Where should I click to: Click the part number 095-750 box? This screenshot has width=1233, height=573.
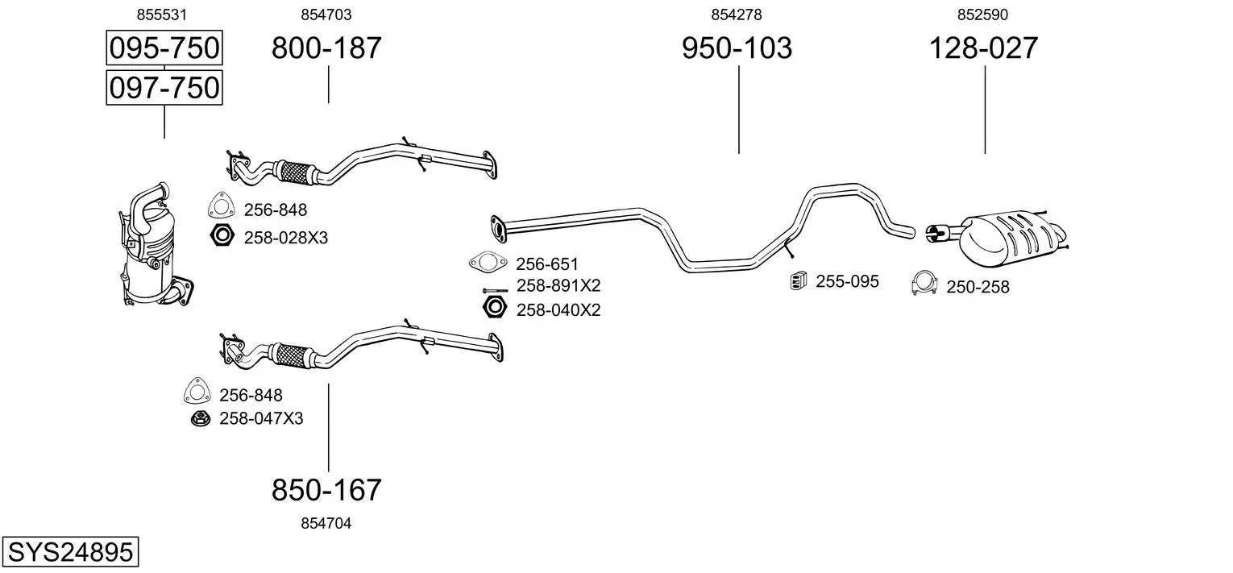point(164,48)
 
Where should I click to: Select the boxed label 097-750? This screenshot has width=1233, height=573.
point(164,88)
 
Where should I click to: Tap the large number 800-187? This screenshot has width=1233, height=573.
point(326,48)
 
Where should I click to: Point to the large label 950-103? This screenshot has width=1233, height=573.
point(737,48)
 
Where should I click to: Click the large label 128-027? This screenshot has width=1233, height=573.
point(984,48)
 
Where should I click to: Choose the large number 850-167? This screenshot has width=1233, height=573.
point(326,489)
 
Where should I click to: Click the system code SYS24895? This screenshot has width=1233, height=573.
point(70,551)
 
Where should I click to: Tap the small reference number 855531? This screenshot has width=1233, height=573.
point(162,15)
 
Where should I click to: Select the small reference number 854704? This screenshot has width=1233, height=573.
point(326,523)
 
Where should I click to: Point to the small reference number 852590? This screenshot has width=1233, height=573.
point(982,15)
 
